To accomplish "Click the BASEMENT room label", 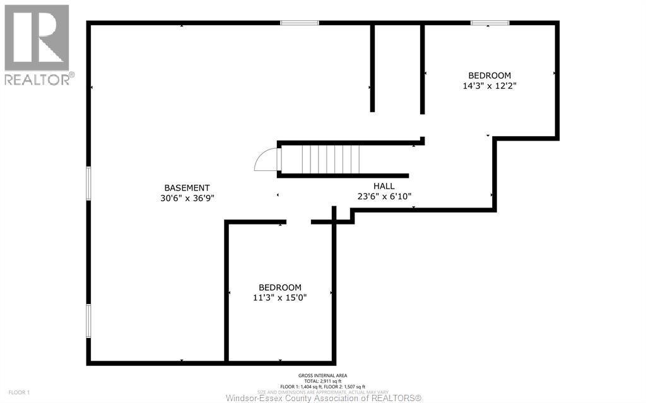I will (x=187, y=187).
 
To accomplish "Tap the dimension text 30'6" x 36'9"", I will (x=187, y=197).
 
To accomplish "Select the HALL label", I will (x=384, y=186).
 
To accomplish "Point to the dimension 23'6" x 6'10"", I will (x=384, y=196).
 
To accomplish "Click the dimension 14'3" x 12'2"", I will (x=490, y=86).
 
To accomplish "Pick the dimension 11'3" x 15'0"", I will (x=279, y=298).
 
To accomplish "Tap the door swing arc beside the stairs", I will (x=265, y=160).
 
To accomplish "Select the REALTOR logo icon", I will (x=37, y=37).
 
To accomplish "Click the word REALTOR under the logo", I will (x=38, y=79).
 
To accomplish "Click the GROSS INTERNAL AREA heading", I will (x=322, y=376).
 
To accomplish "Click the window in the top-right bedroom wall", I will (x=490, y=23).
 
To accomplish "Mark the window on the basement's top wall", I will (x=300, y=23).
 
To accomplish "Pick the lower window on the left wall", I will (x=89, y=320).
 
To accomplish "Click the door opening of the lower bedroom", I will (x=298, y=222).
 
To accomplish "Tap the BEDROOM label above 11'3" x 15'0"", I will (x=279, y=288).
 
